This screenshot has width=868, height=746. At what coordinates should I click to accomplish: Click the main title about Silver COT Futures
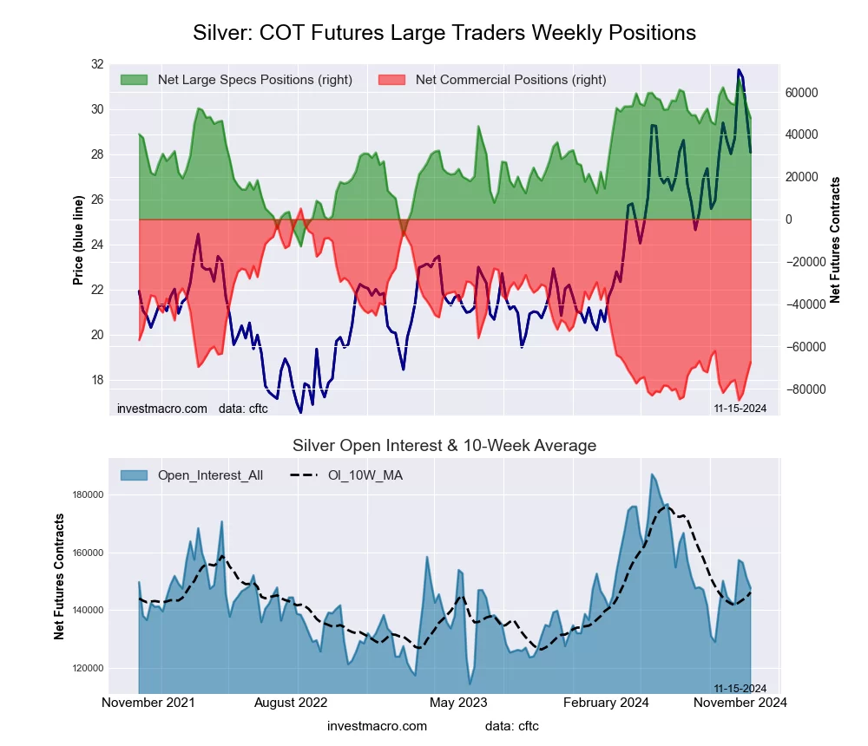(444, 33)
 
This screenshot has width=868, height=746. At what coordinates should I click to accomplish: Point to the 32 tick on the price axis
(96, 64)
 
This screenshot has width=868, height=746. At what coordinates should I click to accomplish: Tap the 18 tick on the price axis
(96, 380)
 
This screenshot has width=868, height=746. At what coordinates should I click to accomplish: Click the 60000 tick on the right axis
(802, 93)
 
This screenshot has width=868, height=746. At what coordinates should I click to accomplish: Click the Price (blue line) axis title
(78, 240)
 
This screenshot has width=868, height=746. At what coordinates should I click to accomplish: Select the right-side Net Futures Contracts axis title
(836, 240)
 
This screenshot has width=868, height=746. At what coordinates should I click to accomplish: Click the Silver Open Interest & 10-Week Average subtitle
(444, 446)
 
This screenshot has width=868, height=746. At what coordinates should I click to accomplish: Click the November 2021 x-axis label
(148, 703)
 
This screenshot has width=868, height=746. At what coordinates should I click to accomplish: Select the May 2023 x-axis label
(459, 703)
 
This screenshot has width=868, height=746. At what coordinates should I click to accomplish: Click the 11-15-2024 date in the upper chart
(740, 409)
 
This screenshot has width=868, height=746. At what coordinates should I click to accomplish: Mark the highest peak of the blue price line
(739, 69)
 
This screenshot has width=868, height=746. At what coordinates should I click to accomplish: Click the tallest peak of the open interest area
(653, 474)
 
